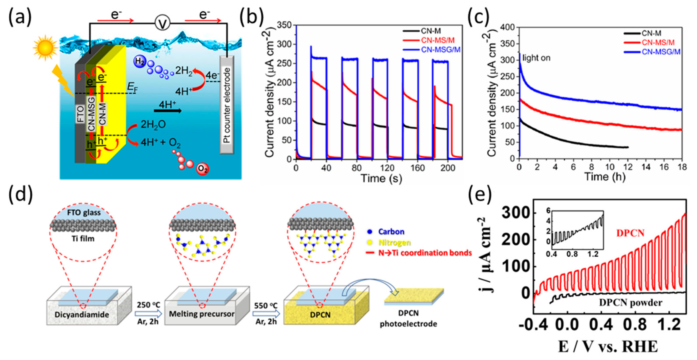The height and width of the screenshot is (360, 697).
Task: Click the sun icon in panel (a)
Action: tap(45, 47)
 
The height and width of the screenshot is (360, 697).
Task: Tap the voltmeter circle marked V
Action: tap(162, 23)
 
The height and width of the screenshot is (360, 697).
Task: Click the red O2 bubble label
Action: tap(202, 169)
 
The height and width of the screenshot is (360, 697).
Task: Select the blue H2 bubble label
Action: tap(140, 61)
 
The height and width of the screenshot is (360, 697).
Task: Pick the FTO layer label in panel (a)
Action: tap(80, 114)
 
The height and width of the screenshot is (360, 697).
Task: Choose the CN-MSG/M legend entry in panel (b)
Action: tap(440, 50)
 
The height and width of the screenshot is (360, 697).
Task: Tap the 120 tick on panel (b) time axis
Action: tap(387, 168)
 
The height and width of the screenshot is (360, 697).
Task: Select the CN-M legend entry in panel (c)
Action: tap(651, 33)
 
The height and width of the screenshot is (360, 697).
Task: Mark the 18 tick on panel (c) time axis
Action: tap(682, 167)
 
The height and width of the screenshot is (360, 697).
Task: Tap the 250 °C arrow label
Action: tap(148, 305)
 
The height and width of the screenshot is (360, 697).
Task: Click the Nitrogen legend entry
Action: tap(395, 243)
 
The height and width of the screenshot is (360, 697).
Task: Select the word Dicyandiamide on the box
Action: tap(82, 315)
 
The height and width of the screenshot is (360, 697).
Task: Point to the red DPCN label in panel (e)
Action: tap(630, 233)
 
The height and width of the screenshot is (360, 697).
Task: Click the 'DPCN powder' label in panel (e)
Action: tap(630, 303)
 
